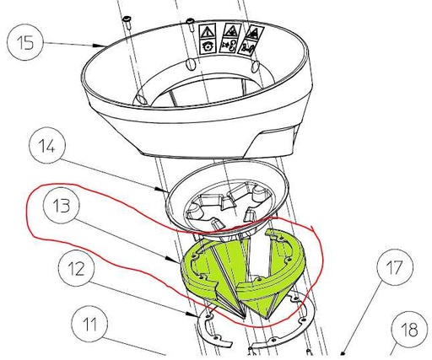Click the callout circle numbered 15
25,43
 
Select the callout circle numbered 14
47,146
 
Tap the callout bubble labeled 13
62,206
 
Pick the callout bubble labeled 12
77,268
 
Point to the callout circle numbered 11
89,324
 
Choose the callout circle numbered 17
395,267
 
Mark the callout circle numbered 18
409,330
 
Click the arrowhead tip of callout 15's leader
105,46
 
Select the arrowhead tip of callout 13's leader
180,263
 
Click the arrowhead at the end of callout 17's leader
341,355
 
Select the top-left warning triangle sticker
208,31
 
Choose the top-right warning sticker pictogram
255,33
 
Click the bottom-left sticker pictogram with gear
207,46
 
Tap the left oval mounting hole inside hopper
191,64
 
